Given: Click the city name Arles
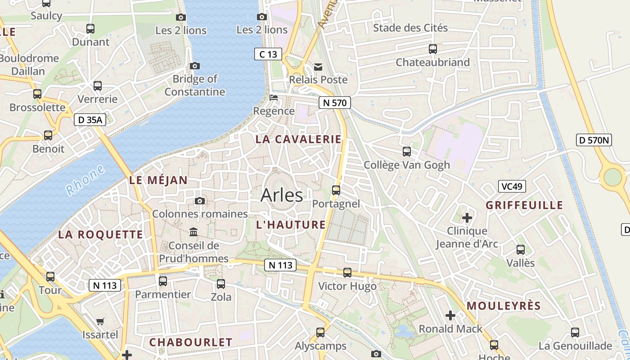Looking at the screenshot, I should click(282, 195).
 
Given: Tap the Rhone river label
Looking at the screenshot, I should click(85, 180).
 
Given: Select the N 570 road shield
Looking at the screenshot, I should click(334, 103).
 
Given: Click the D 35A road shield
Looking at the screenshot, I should click(90, 120).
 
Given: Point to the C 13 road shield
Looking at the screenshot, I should click(268, 54).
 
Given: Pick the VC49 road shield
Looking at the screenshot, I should click(512, 186).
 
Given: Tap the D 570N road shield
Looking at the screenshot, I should click(594, 140).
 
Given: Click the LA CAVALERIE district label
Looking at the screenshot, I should click(298, 139).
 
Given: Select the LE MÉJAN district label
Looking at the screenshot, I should click(158, 180).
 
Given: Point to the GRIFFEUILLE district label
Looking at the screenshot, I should click(524, 205).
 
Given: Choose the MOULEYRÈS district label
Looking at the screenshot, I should click(504, 306).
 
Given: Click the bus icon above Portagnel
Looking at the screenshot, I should click(336, 190).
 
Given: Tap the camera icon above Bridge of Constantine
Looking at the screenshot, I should click(195, 66).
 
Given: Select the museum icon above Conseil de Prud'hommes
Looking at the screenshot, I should click(193, 232).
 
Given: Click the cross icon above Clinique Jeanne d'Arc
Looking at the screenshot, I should click(467, 218).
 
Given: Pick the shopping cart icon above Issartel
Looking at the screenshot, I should click(100, 321).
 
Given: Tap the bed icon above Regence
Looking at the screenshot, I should click(274, 97).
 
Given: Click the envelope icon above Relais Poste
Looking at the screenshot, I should click(318, 67).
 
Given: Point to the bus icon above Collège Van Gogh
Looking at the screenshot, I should click(407, 151).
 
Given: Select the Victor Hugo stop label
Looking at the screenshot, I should click(347, 286).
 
